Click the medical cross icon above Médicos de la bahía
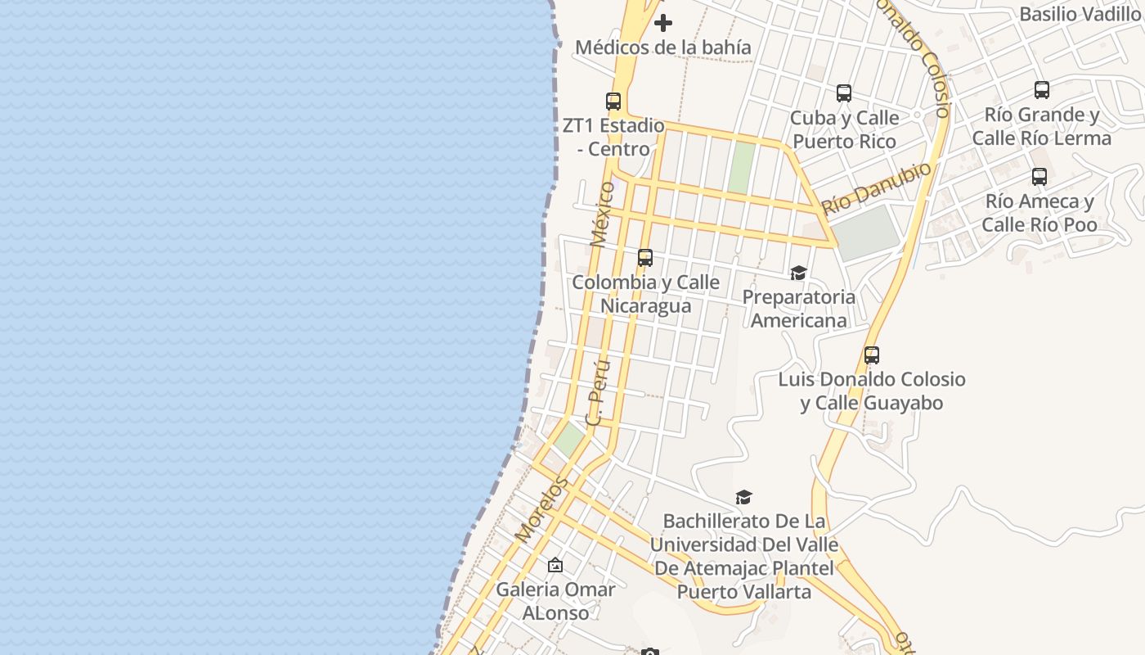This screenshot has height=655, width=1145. (663, 23)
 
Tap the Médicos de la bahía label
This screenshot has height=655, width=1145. (662, 47)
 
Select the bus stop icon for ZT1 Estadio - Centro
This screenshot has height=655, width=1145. (613, 102)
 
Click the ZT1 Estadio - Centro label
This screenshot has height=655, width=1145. (613, 138)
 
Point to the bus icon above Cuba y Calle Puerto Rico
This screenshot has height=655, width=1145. (844, 93)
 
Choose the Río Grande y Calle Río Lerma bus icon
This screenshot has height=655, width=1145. (1042, 90)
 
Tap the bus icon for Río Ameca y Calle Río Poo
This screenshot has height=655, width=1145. (1039, 177)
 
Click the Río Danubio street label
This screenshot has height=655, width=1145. (877, 188)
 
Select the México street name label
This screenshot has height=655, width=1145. (602, 215)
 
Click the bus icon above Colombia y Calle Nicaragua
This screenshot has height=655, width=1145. (645, 258)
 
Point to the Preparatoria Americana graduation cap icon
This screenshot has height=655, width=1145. (798, 273)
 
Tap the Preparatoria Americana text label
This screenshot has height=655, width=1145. (798, 309)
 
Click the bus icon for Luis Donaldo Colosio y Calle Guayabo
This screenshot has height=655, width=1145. (872, 355)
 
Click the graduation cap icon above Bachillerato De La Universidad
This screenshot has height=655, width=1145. (743, 497)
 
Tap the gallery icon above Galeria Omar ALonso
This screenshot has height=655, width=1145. (555, 565)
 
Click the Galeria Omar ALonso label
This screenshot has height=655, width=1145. (555, 601)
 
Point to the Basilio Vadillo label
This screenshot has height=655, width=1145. (1080, 15)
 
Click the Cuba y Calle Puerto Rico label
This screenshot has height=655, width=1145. (845, 129)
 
